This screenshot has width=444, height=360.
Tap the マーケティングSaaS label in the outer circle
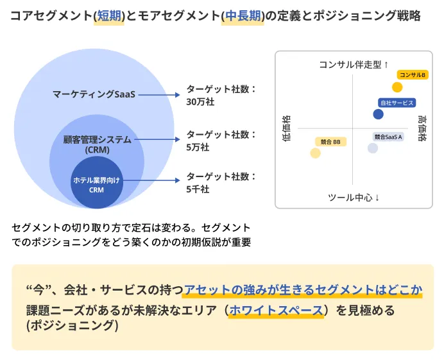(x=94, y=95)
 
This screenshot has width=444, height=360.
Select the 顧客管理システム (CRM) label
(x=98, y=144)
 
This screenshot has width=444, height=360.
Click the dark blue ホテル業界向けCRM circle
(x=96, y=185)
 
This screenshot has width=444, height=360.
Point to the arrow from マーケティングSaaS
(x=157, y=95)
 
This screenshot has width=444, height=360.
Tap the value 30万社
(x=200, y=102)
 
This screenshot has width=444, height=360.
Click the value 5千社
(x=198, y=189)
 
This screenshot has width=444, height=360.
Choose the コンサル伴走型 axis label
(x=354, y=64)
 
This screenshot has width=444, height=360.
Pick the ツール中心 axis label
(x=354, y=197)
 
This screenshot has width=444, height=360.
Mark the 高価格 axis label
(x=422, y=128)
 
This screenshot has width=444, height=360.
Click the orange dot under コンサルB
(x=397, y=87)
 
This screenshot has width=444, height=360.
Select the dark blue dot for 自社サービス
(x=379, y=114)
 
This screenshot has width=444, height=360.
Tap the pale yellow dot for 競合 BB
(x=315, y=153)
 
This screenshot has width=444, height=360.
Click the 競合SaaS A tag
(x=388, y=137)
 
